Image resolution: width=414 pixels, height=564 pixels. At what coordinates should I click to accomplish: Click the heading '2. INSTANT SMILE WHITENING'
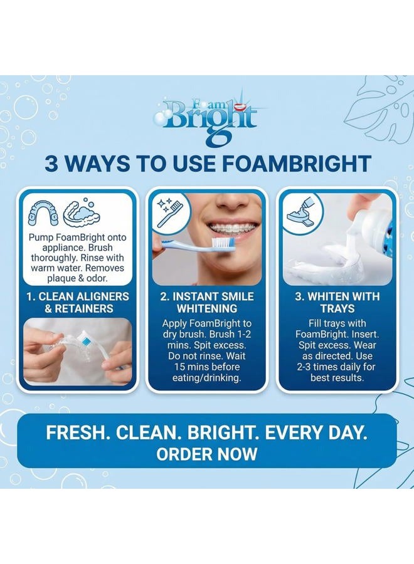pyautogui.click(x=207, y=302)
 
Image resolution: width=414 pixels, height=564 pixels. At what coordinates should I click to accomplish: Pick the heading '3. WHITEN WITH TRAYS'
pyautogui.click(x=337, y=302)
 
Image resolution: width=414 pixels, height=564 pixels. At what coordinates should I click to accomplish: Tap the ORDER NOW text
pyautogui.click(x=207, y=454)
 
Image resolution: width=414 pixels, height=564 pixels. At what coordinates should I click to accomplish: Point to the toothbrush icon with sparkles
pyautogui.click(x=170, y=210)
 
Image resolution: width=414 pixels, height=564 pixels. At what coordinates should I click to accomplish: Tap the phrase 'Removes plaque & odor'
pyautogui.click(x=75, y=273)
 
